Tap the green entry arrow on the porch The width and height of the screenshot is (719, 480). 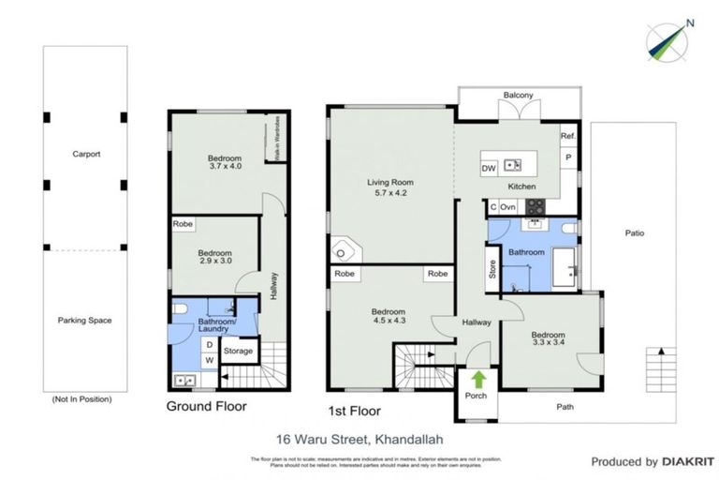pos(477,380)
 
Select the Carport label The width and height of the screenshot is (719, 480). pos(86,154)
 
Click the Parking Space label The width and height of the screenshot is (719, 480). pos(86,321)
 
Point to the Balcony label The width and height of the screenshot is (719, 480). pos(518,96)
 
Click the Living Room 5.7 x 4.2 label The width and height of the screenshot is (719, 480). pos(390,187)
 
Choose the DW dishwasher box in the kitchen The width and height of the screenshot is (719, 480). pos(489,168)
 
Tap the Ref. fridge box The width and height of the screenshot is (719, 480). pos(567,137)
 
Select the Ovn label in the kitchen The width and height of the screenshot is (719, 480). pos(508,207)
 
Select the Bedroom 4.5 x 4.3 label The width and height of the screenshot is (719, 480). pos(388,317)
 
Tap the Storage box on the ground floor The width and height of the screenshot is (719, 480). pos(239,352)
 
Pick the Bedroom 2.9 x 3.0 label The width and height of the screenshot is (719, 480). pos(213,258)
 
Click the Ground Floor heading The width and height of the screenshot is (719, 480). pos(208,407)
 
